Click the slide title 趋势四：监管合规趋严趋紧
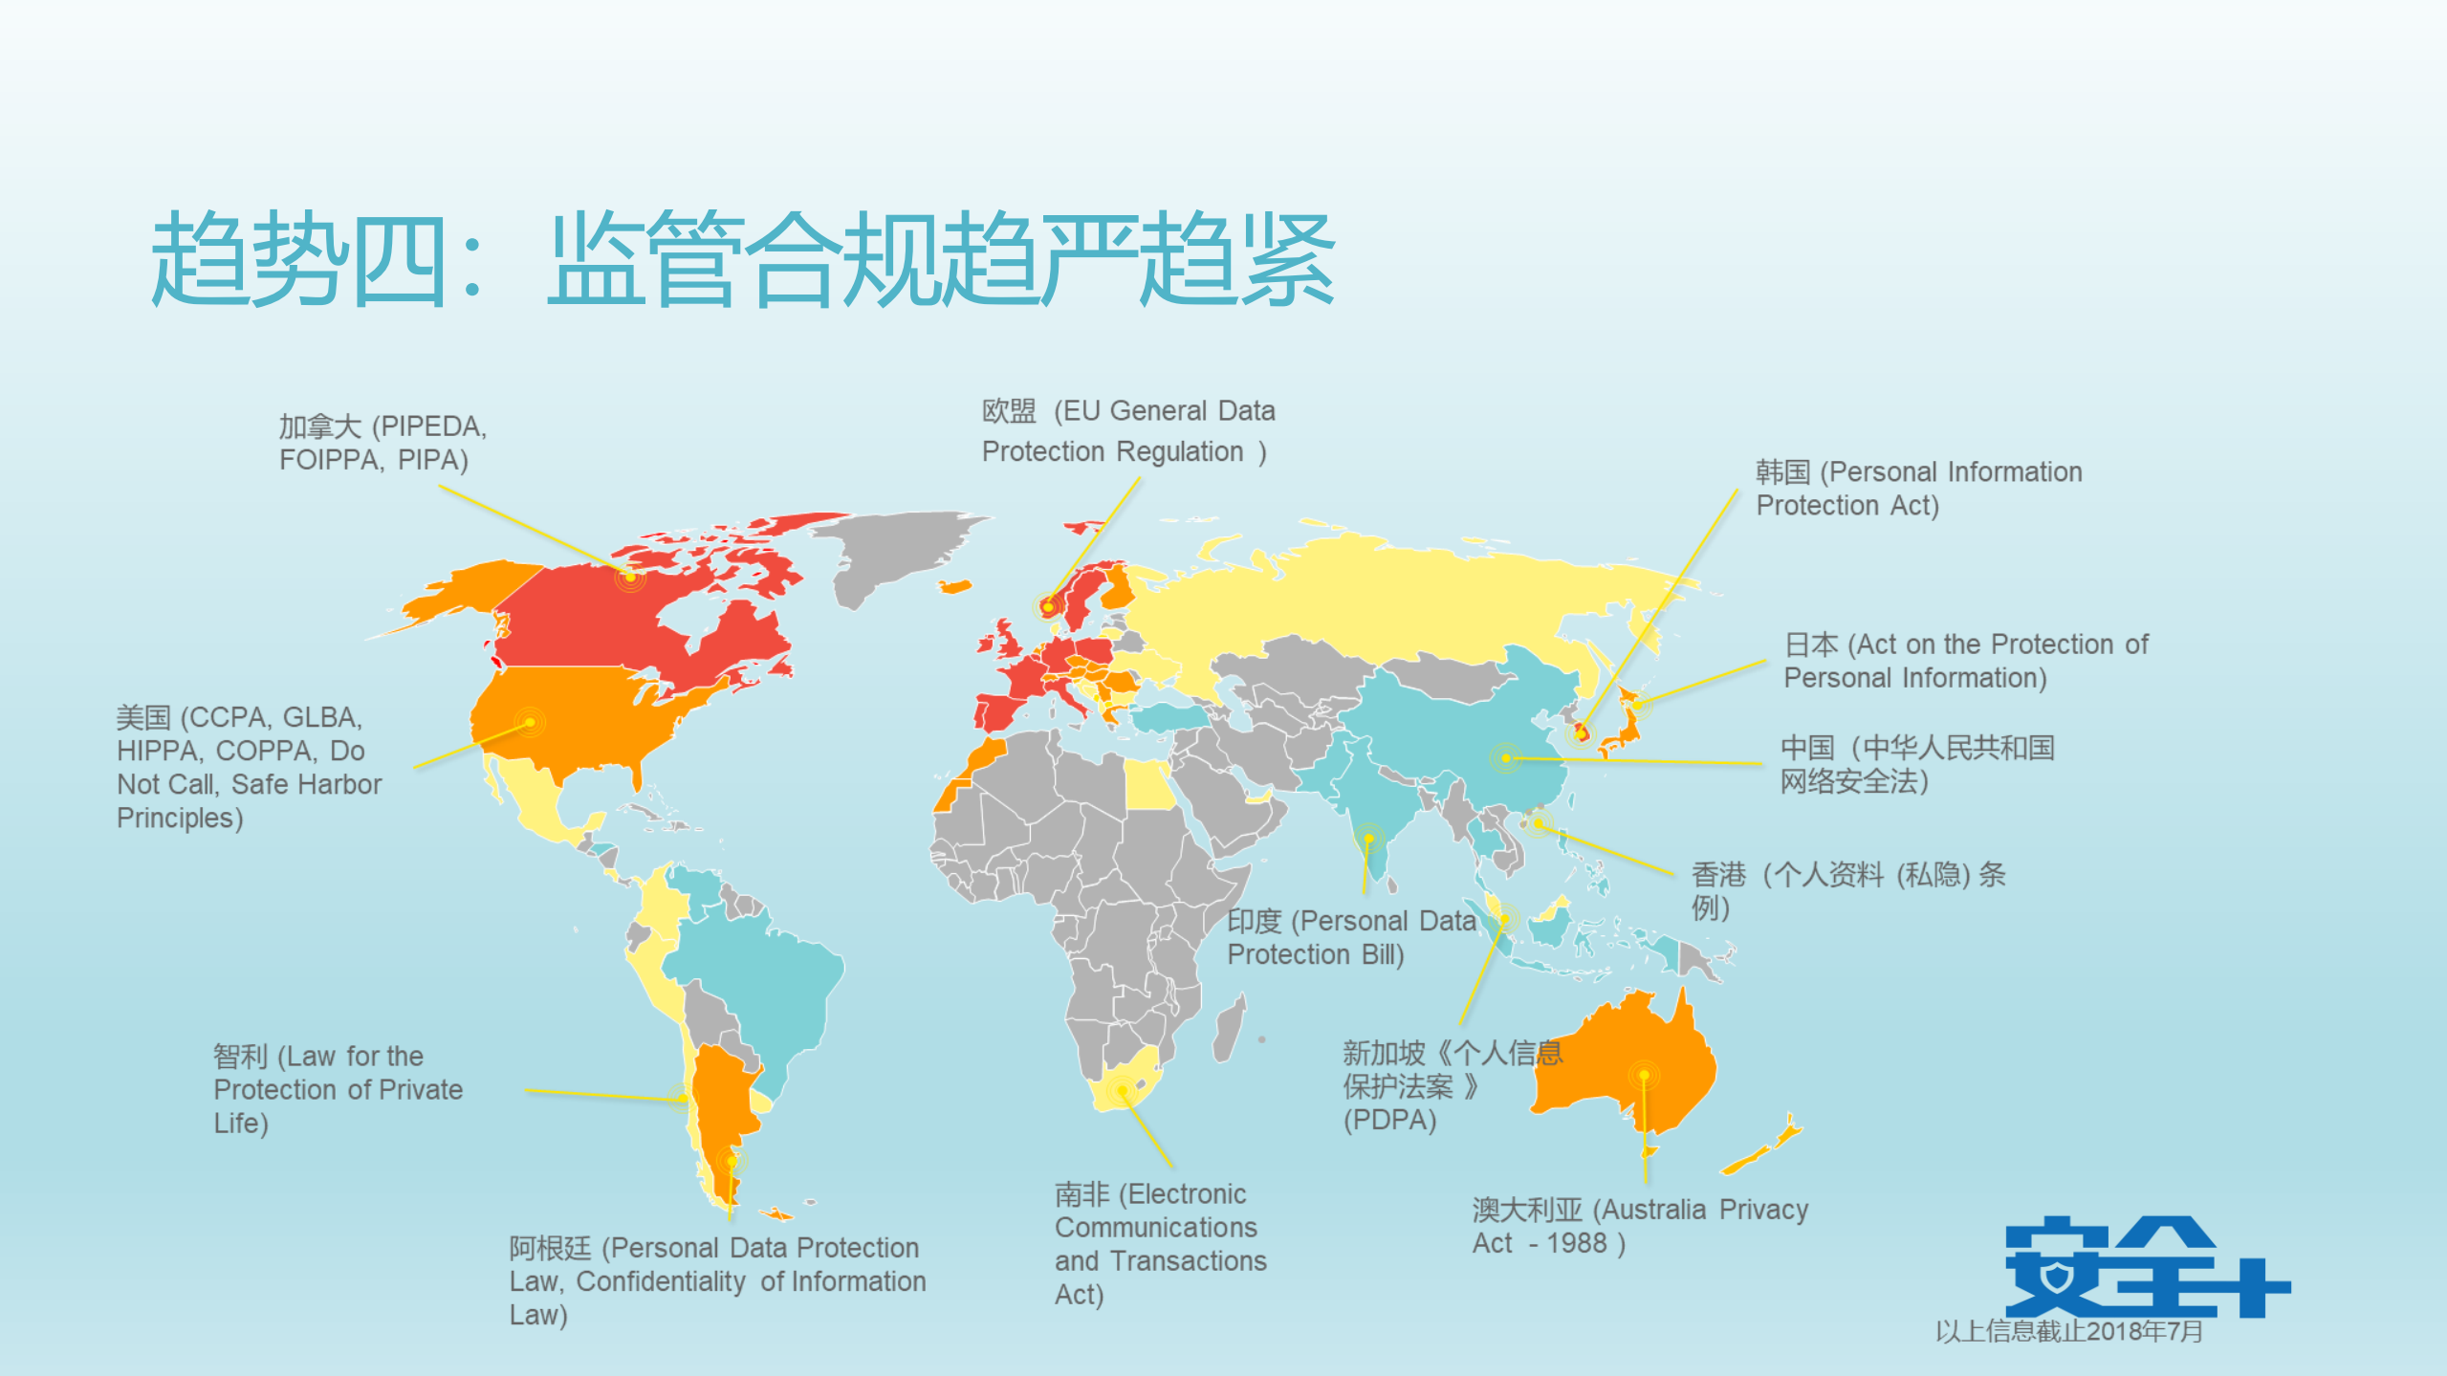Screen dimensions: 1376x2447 [742, 260]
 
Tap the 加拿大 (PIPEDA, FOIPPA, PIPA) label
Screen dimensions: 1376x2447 [382, 443]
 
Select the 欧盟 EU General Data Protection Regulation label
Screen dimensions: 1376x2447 [1127, 431]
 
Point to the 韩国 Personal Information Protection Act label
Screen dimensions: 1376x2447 [1917, 489]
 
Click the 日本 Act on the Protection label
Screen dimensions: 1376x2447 [1965, 661]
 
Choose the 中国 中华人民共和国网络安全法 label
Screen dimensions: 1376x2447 [1916, 764]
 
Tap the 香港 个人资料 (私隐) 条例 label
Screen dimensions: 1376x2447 [1847, 889]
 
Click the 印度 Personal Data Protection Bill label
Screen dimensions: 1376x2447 [1350, 937]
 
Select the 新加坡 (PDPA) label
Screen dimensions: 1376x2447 [1452, 1085]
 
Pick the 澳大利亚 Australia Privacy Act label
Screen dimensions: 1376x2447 [1639, 1226]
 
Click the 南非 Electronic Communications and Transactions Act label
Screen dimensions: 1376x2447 [1160, 1243]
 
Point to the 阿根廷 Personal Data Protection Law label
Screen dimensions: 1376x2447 [716, 1280]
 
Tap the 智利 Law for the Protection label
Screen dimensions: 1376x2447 [338, 1089]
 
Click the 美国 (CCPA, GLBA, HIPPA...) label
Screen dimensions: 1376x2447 [249, 767]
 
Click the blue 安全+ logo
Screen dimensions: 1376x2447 [2146, 1267]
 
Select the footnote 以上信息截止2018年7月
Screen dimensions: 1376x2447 [2068, 1331]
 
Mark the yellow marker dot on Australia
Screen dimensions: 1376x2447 [1644, 1075]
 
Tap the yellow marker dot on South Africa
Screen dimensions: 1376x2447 [1123, 1090]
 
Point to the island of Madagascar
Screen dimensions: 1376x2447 [1231, 1028]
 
